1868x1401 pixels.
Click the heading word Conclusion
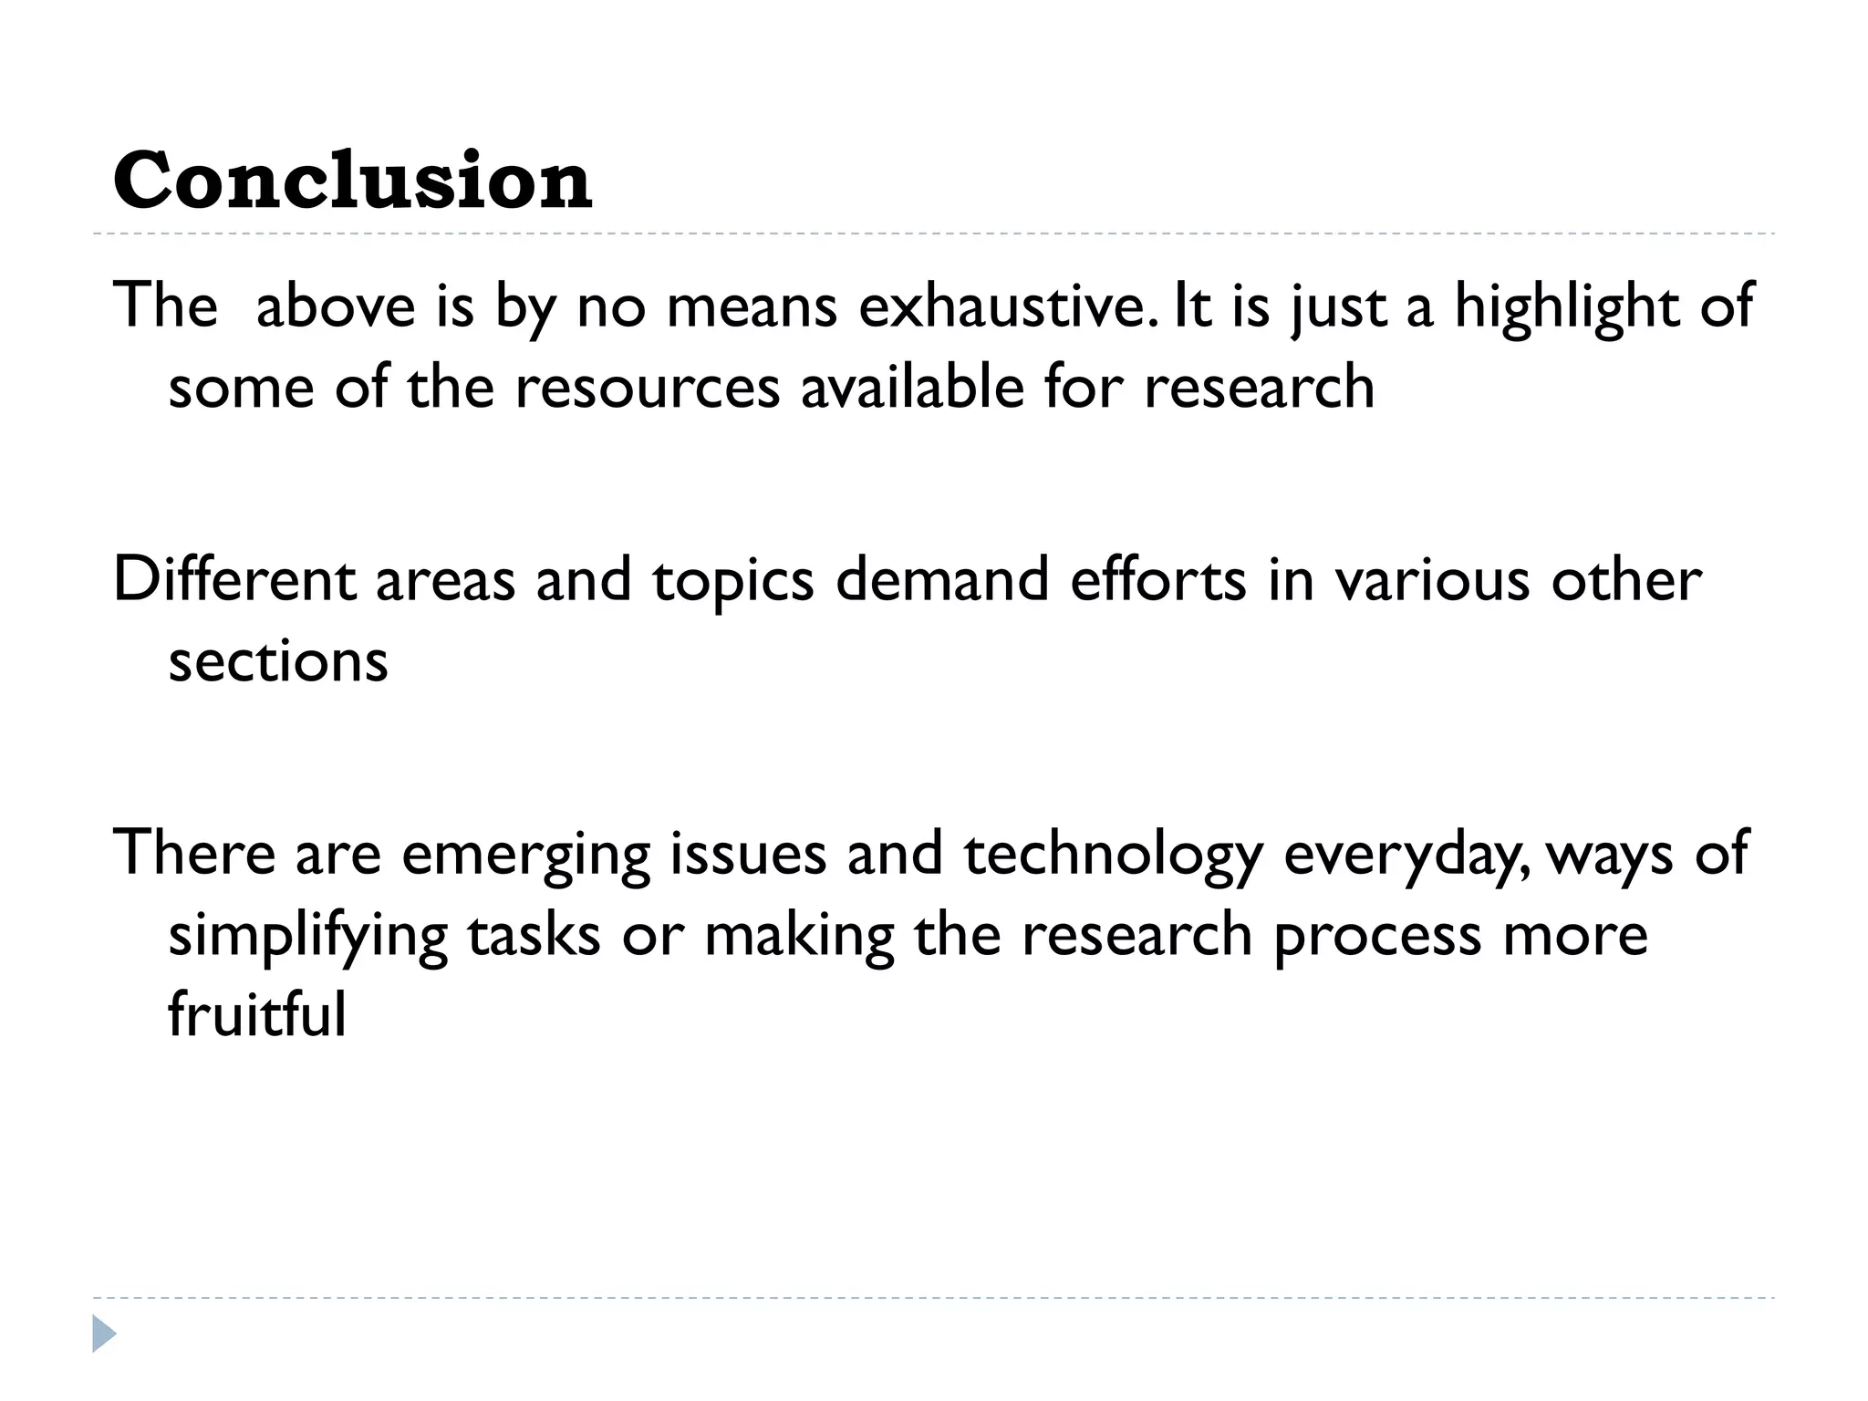[x=352, y=180]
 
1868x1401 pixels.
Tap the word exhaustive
[x=1007, y=306]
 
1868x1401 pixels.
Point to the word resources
[x=648, y=388]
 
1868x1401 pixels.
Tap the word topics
[x=732, y=581]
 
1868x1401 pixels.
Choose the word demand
[x=942, y=579]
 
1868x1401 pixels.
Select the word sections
[x=278, y=661]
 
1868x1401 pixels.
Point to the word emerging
[x=525, y=855]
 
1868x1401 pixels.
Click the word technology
[x=1114, y=855]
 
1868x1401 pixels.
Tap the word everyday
[x=1407, y=855]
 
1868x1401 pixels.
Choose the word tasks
[x=534, y=935]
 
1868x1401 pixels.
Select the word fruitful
[x=257, y=1015]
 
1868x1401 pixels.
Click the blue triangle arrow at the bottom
[x=104, y=1334]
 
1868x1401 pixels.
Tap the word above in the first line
[x=336, y=306]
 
